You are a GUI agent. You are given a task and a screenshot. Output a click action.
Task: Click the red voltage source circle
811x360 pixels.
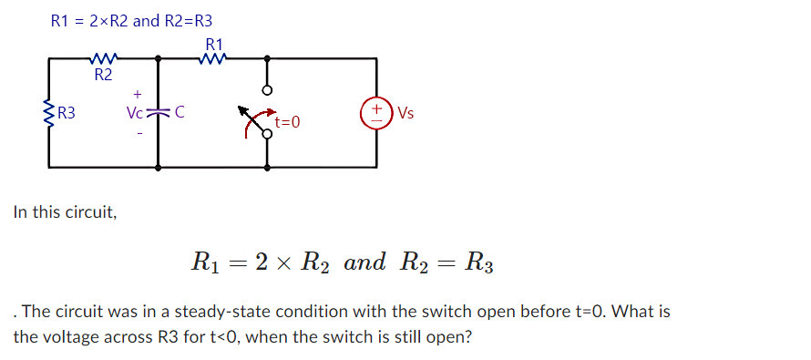click(375, 114)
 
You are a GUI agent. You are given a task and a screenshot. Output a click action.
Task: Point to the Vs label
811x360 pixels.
click(405, 114)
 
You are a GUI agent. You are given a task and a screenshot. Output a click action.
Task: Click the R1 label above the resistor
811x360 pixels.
click(215, 44)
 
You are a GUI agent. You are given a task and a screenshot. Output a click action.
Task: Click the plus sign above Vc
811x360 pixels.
click(137, 94)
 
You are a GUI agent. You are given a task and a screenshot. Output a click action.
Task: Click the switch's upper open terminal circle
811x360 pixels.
click(267, 91)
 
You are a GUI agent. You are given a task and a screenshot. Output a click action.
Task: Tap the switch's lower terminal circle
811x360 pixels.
click(267, 134)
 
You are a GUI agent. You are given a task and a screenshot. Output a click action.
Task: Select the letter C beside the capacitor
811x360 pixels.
click(179, 114)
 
